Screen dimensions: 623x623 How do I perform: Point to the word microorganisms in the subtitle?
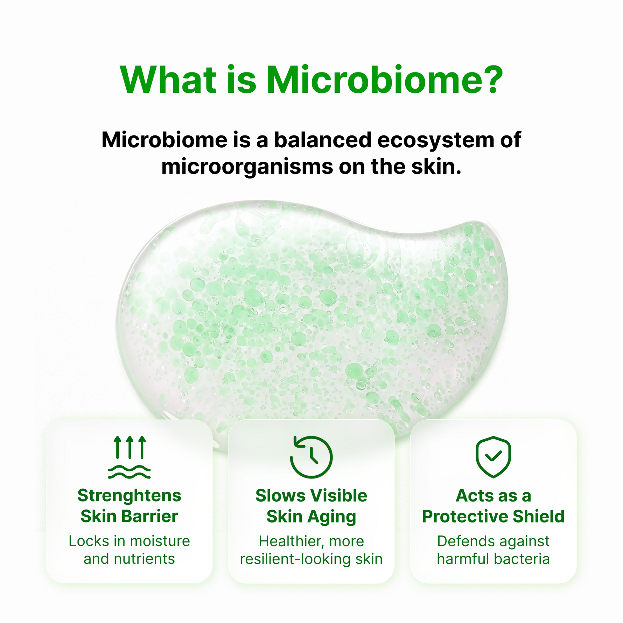[x=247, y=167]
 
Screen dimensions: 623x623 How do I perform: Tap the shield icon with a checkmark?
[x=493, y=457]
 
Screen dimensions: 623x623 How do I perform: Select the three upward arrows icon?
[x=130, y=447]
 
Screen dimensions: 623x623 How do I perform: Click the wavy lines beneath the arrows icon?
[x=129, y=472]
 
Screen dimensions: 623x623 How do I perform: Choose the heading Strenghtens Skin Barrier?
[x=129, y=506]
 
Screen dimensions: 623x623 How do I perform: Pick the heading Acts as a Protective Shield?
[x=493, y=506]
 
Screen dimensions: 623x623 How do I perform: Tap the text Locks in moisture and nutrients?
[x=129, y=550]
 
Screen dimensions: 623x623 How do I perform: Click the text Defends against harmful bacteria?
[x=493, y=550]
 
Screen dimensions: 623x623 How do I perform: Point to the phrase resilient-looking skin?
[x=311, y=559]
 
